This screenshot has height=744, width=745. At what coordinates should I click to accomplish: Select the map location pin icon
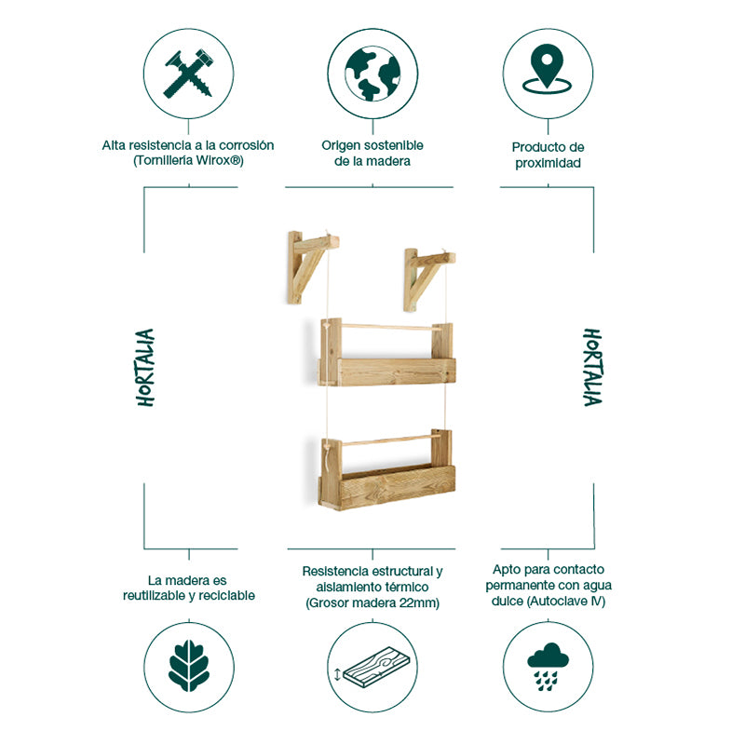pyautogui.click(x=547, y=71)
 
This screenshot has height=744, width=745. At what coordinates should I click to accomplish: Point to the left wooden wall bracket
pyautogui.click(x=308, y=264)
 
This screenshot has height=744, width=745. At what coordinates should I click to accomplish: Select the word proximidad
pyautogui.click(x=548, y=163)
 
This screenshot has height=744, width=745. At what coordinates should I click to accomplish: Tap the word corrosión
pyautogui.click(x=246, y=145)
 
